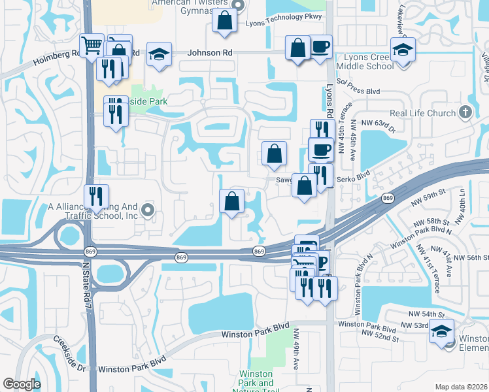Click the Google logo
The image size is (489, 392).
(x=22, y=384)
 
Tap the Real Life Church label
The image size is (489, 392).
(x=422, y=113)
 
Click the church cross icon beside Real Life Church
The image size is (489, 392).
(x=465, y=112)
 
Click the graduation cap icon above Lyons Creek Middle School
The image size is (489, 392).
(x=403, y=50)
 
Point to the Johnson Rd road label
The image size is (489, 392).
(x=211, y=53)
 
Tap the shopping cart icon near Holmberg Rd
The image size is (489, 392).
(x=92, y=46)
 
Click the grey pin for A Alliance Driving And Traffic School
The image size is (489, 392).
(x=148, y=210)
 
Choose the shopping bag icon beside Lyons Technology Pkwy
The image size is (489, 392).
(x=224, y=20)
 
